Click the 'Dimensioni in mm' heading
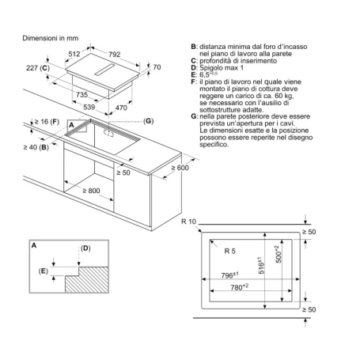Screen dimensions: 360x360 [x=50, y=37]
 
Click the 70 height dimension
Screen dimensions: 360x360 [x=156, y=67]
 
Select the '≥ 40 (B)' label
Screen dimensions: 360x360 [x=36, y=147]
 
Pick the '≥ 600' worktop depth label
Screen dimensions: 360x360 [x=181, y=168]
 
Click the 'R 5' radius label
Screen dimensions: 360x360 [x=229, y=251]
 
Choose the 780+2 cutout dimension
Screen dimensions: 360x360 [x=254, y=288]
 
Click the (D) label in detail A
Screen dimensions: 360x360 [x=86, y=248]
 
